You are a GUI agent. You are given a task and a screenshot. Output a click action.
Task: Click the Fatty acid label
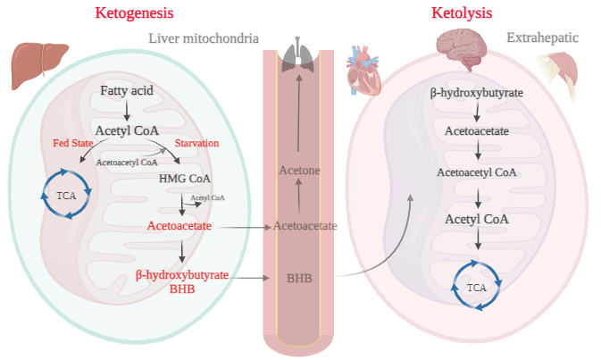[x=127, y=90]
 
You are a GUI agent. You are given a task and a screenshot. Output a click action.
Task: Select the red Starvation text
[x=196, y=143]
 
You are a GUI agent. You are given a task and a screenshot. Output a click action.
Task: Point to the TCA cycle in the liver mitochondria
[x=67, y=195]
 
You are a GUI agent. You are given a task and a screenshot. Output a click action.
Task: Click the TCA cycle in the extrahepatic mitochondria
[x=476, y=287]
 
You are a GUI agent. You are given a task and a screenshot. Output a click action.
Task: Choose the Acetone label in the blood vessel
[x=299, y=170]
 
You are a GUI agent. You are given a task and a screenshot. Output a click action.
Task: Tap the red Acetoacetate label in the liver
[x=179, y=227]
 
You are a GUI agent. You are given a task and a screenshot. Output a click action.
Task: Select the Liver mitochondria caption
[x=203, y=38]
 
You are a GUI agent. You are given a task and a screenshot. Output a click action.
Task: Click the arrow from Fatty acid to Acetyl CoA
[x=127, y=110]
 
